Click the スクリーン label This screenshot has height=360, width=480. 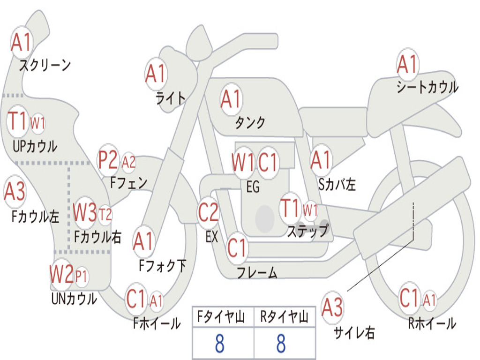45,65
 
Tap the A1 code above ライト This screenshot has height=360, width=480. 156,74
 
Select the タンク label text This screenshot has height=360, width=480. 250,122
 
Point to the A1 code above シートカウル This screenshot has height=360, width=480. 407,65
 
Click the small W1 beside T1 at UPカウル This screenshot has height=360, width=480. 37,123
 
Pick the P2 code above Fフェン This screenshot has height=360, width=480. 108,161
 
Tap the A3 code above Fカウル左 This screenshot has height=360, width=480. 15,192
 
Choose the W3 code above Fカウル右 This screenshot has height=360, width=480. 85,213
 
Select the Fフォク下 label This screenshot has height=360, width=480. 162,266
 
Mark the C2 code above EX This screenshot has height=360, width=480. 208,212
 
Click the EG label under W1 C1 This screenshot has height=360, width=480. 253,187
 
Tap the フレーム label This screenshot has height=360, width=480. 257,273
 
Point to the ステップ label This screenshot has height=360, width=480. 307,232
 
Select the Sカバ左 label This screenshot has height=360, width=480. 337,185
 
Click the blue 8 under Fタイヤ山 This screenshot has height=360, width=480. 220,344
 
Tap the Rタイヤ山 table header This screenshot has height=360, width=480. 284,318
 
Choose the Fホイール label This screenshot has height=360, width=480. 157,323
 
